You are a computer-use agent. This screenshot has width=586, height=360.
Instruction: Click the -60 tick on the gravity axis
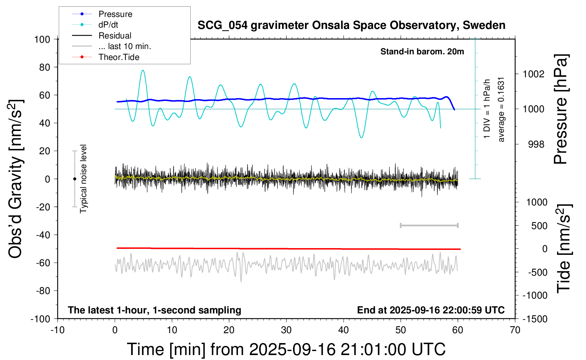43,263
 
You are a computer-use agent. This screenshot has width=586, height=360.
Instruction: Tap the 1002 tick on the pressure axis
533,74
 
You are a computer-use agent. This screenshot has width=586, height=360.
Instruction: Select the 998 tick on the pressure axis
536,144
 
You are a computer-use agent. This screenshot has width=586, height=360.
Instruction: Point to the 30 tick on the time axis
286,330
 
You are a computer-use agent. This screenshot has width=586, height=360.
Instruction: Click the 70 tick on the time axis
515,330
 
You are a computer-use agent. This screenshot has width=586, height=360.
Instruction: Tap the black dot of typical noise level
74,179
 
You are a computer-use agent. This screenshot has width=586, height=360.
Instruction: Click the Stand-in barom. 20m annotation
422,52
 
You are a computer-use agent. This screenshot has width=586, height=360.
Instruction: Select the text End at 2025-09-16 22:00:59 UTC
431,310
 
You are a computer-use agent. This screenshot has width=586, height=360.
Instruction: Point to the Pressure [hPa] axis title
561,109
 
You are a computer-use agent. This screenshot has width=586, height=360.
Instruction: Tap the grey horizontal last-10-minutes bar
429,225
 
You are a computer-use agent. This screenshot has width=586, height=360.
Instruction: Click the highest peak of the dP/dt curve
143,70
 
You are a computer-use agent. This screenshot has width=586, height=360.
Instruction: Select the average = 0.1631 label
501,109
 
